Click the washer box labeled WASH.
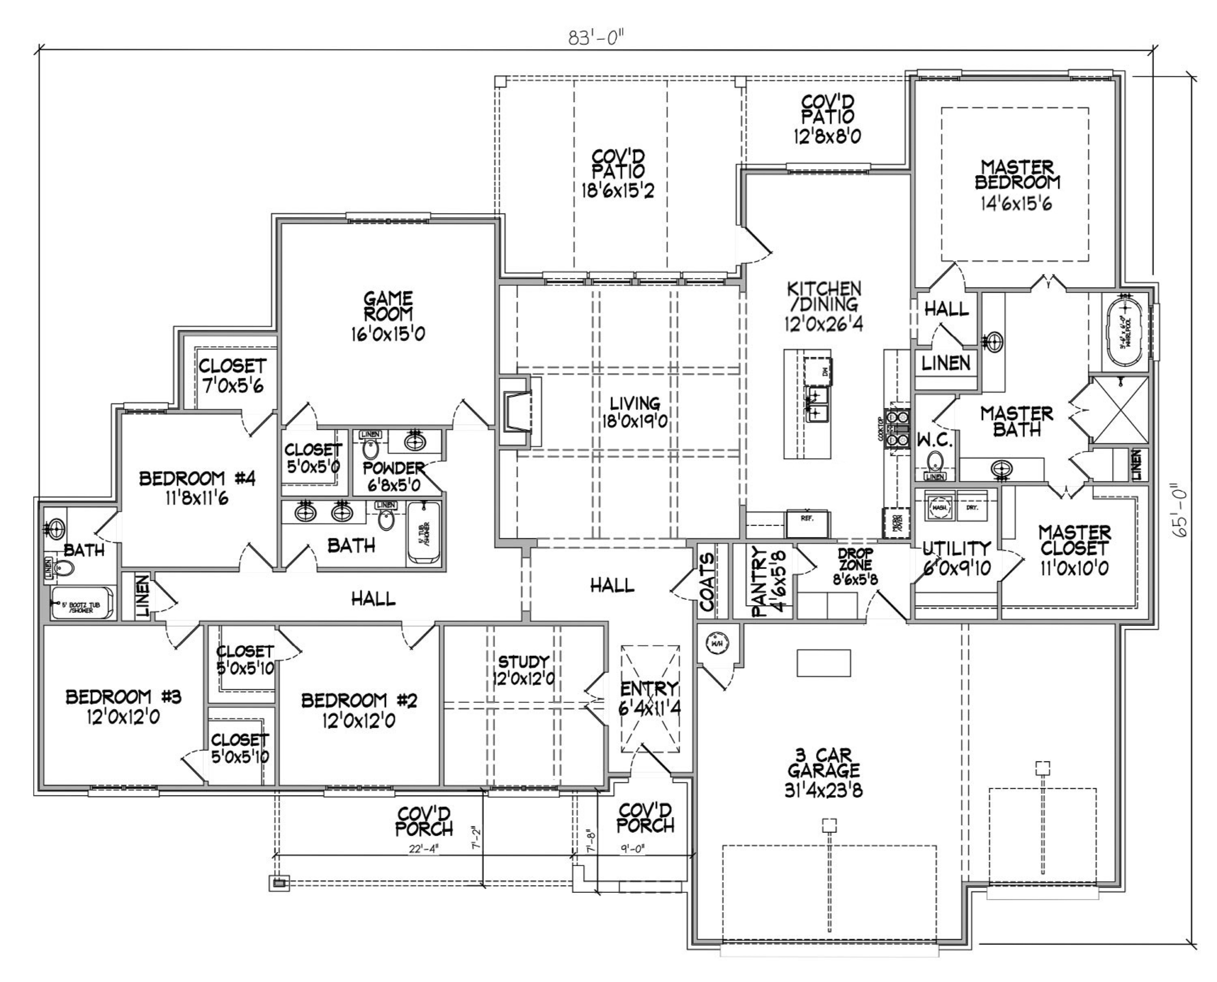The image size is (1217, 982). (939, 507)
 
